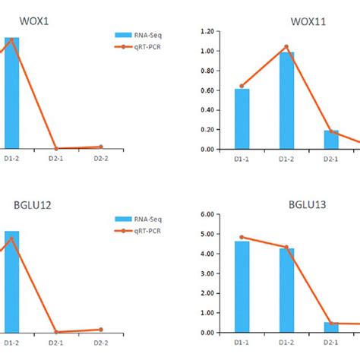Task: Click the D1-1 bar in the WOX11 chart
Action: click(242, 118)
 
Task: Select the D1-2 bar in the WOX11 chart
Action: click(286, 100)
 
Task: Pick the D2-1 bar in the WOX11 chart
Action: click(331, 140)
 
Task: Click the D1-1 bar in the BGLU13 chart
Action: click(242, 286)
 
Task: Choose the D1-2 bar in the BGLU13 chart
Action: click(286, 290)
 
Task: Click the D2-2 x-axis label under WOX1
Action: click(101, 159)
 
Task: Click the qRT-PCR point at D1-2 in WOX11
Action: click(286, 47)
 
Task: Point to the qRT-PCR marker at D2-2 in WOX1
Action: click(101, 147)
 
